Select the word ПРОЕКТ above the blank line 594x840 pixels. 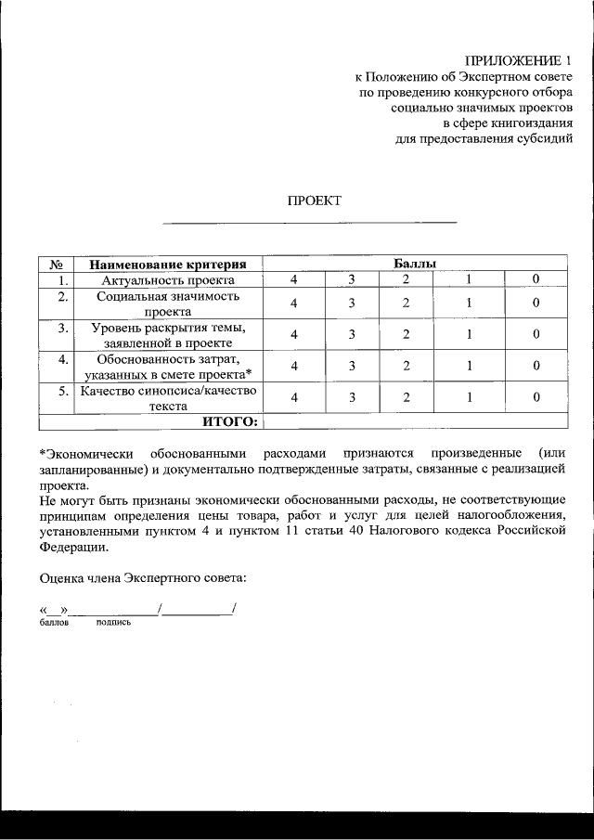pyautogui.click(x=314, y=200)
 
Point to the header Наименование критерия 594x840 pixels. pyautogui.click(x=168, y=264)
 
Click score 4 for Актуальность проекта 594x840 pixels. pyautogui.click(x=294, y=279)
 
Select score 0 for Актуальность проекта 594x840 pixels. pyautogui.click(x=536, y=279)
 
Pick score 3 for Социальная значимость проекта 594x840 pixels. pyautogui.click(x=353, y=304)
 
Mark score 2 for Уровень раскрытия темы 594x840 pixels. pyautogui.click(x=407, y=335)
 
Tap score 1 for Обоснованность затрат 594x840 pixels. pyautogui.click(x=470, y=367)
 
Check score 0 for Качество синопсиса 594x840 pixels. pyautogui.click(x=536, y=397)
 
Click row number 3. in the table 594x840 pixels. pyautogui.click(x=62, y=328)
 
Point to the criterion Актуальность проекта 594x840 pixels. pyautogui.click(x=168, y=279)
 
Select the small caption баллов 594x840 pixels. pyautogui.click(x=55, y=623)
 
